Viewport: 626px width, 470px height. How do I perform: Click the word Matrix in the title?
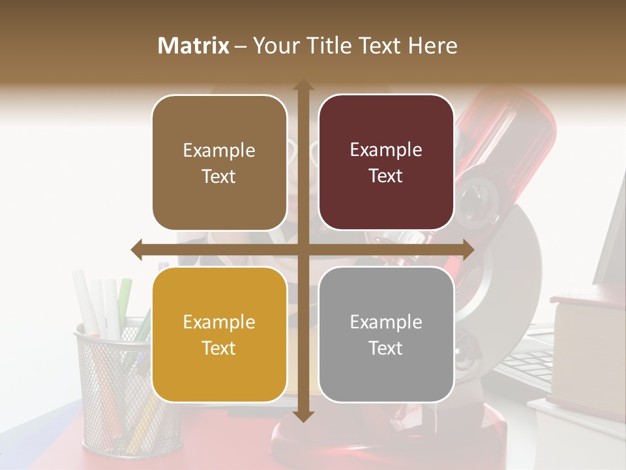pyautogui.click(x=194, y=46)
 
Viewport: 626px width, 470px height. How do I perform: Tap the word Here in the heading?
pyautogui.click(x=432, y=46)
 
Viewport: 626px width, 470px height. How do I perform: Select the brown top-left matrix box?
pyautogui.click(x=219, y=163)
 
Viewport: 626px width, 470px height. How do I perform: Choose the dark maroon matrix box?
pyautogui.click(x=386, y=163)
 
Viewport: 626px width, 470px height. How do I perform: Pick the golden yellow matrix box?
pyautogui.click(x=219, y=334)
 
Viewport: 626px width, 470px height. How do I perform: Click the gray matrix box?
pyautogui.click(x=386, y=334)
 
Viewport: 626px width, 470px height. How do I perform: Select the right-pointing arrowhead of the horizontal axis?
pyautogui.click(x=468, y=249)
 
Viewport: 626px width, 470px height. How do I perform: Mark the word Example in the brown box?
pyautogui.click(x=219, y=150)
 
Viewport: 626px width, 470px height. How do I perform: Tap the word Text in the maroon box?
pyautogui.click(x=386, y=176)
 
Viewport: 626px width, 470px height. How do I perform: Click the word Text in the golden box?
pyautogui.click(x=219, y=348)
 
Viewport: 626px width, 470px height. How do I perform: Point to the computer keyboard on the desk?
pyautogui.click(x=525, y=366)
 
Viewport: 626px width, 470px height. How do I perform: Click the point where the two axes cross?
pyautogui.click(x=303, y=249)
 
